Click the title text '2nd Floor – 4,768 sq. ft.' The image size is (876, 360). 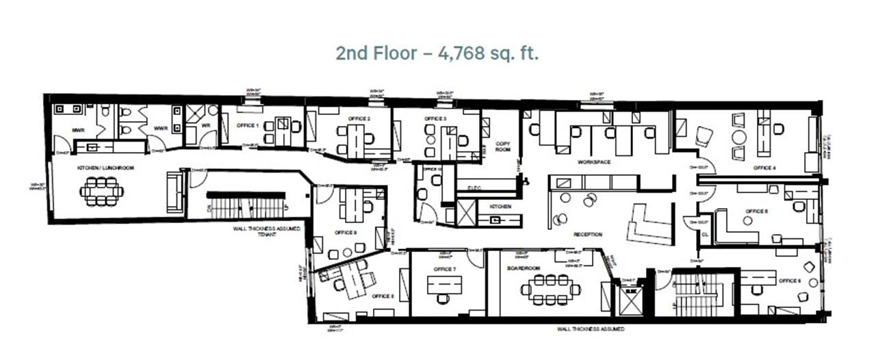[437, 53]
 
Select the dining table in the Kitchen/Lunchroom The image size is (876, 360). [101, 191]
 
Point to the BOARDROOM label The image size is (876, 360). [519, 268]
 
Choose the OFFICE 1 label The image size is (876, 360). [247, 125]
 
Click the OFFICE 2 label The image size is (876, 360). [359, 119]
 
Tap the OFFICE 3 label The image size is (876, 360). [435, 119]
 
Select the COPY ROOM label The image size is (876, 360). [503, 146]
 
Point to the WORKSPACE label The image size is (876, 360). [593, 162]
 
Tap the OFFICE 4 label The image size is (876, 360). [764, 168]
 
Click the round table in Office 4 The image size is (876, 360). [739, 136]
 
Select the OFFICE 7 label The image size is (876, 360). [445, 268]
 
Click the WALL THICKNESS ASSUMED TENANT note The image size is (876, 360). [265, 231]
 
